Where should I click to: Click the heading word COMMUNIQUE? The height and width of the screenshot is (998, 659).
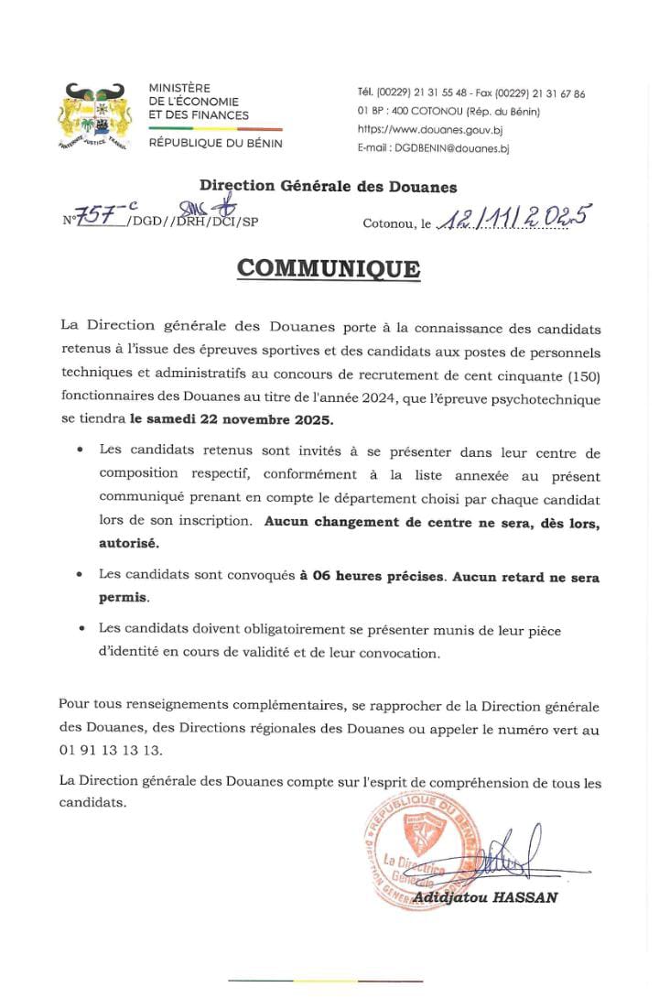click(329, 268)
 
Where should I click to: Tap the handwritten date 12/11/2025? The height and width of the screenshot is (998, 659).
click(513, 217)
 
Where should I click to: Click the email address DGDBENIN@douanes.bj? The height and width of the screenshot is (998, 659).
click(433, 148)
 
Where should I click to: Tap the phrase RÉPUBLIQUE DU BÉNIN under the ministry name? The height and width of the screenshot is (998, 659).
click(215, 144)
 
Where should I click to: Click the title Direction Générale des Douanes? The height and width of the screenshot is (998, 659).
click(328, 187)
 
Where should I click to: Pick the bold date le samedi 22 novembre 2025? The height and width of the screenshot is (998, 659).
click(232, 420)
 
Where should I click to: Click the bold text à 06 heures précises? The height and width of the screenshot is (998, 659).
click(372, 576)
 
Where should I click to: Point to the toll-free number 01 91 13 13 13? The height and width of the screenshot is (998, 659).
click(110, 751)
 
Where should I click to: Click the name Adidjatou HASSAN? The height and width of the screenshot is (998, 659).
click(484, 898)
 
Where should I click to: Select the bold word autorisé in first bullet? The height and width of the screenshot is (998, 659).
click(129, 543)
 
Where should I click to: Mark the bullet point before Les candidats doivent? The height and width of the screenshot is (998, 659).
click(81, 629)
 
